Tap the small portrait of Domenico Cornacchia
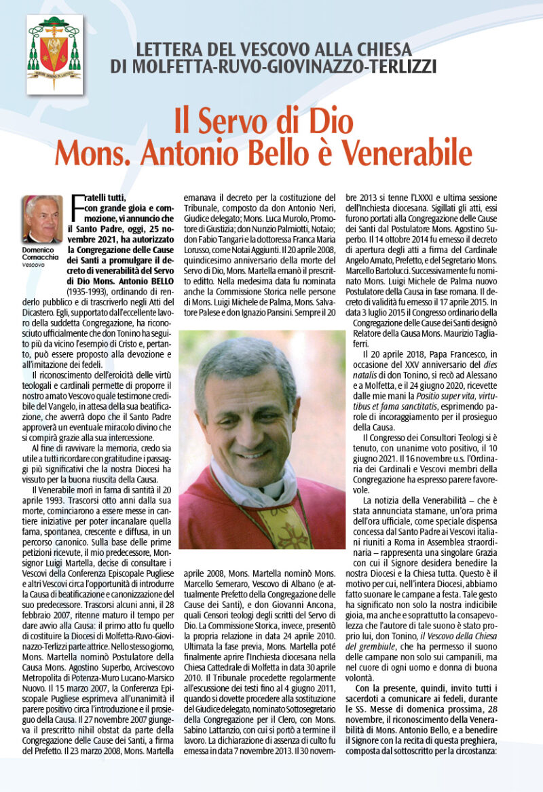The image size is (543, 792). tap(43, 219)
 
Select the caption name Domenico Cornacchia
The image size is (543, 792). tap(43, 254)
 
